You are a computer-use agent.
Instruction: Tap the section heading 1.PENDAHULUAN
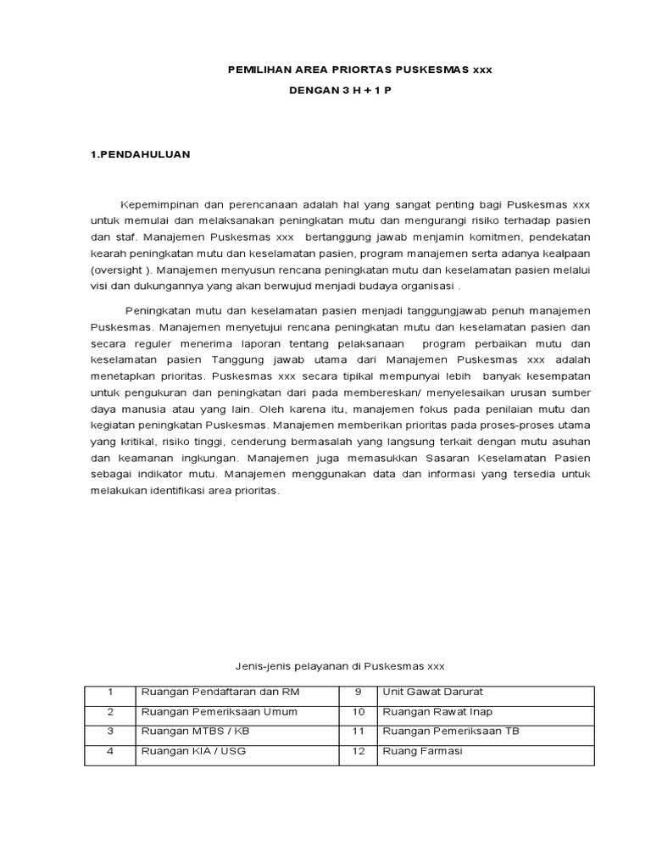(x=140, y=154)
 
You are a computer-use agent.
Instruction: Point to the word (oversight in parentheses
(x=114, y=270)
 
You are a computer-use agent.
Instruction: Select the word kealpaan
(x=561, y=253)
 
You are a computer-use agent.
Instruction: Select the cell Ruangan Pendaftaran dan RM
(x=220, y=693)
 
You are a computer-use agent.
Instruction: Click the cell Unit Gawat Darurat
(x=433, y=693)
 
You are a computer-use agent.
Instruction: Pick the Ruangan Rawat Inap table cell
(x=437, y=712)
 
